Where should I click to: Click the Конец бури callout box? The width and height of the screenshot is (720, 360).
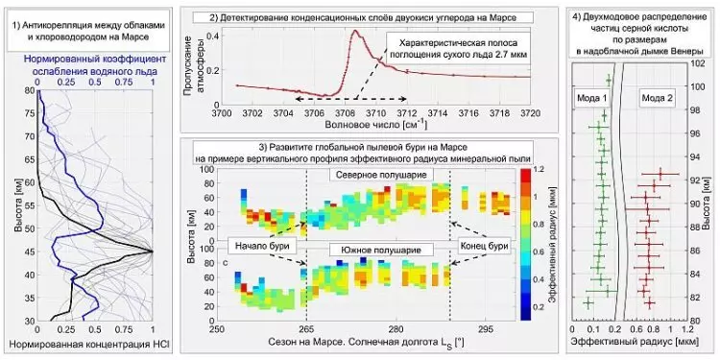click(483, 244)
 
